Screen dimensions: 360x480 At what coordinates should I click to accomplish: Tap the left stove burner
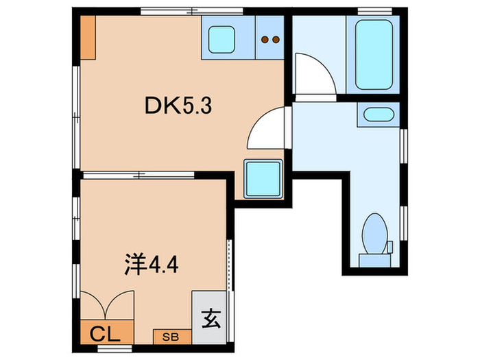click(x=265, y=40)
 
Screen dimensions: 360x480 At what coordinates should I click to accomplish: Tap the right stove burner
click(x=276, y=40)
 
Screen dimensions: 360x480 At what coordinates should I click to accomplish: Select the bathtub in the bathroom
click(x=374, y=53)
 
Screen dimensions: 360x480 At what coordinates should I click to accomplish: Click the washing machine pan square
click(x=263, y=177)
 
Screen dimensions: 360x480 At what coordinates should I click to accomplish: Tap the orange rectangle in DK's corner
click(x=86, y=37)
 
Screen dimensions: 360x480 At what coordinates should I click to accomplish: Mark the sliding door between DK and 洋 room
click(x=141, y=174)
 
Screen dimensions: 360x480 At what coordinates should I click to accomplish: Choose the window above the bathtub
click(x=374, y=10)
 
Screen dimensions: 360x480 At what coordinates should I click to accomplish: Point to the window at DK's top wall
click(x=192, y=10)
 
